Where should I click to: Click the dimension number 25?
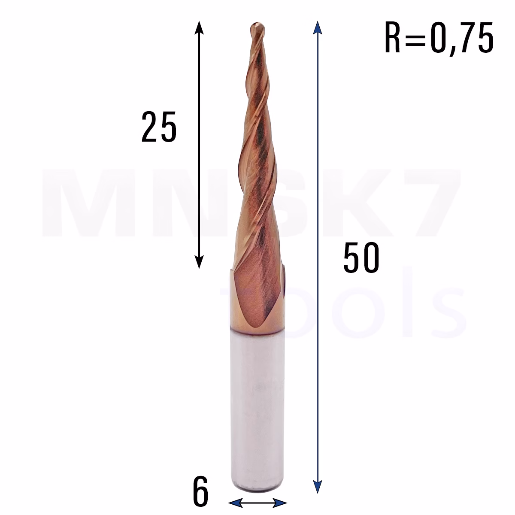tap(159, 127)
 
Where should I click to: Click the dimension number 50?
tap(361, 257)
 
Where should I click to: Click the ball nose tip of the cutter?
tap(257, 27)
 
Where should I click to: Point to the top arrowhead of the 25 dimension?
tap(199, 28)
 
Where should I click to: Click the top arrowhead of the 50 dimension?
tap(317, 28)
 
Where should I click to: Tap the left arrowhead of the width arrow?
tap(236, 503)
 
